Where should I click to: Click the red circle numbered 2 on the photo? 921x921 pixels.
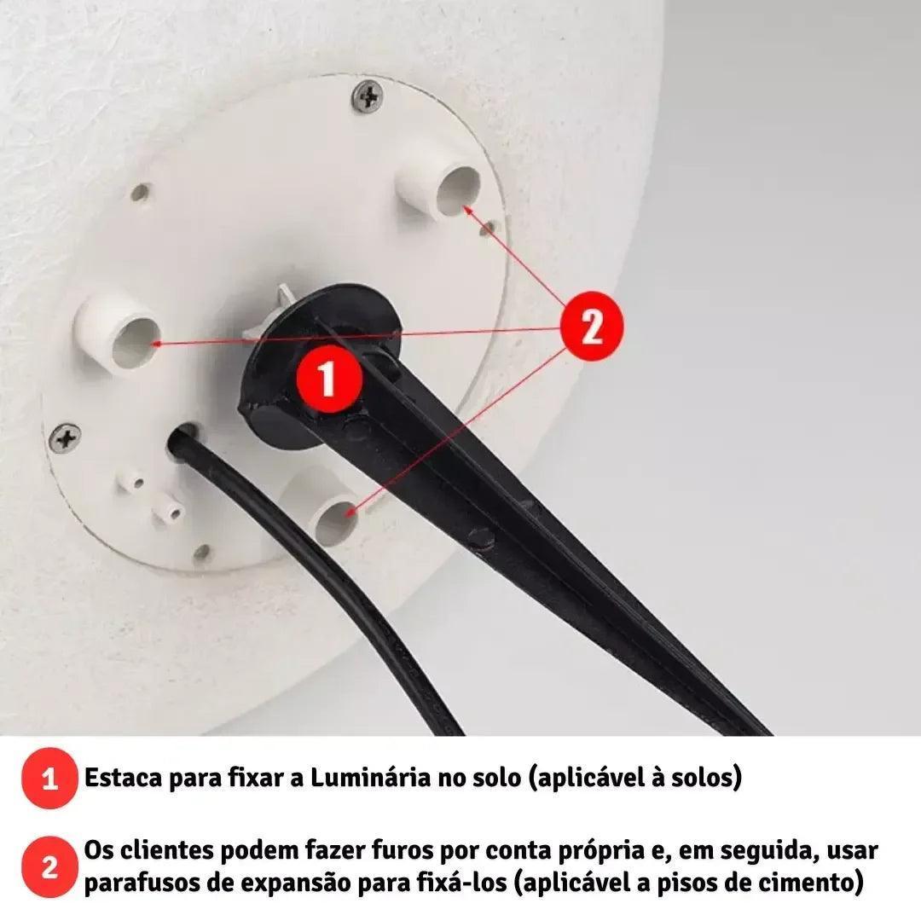click(592, 325)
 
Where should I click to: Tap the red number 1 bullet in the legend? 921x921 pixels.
click(50, 779)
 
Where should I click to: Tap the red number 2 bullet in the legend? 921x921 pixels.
click(50, 866)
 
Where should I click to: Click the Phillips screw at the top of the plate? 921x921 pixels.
click(368, 97)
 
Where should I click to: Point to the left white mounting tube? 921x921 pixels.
click(119, 333)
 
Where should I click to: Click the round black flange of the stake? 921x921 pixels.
click(320, 364)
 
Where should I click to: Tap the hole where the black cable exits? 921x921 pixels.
click(183, 435)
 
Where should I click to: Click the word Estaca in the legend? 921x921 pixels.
click(123, 779)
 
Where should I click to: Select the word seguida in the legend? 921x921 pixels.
click(770, 852)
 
